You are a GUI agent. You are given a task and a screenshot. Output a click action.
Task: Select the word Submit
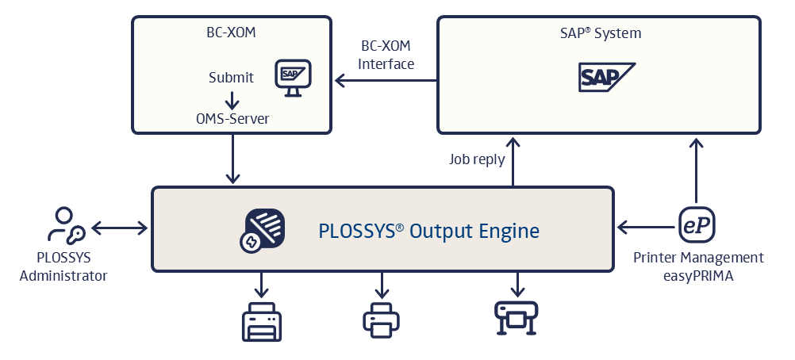(x=231, y=78)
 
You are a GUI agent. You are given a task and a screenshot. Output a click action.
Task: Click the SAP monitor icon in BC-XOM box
(x=292, y=77)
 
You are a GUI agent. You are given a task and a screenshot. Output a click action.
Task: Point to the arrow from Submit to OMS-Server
(x=232, y=98)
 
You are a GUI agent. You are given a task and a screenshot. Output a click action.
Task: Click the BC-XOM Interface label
(x=386, y=56)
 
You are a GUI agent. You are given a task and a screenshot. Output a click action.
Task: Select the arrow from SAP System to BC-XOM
(x=386, y=80)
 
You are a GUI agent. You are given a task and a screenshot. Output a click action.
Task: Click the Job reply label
(x=476, y=159)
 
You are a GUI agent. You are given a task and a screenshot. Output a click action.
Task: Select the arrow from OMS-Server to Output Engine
(x=232, y=159)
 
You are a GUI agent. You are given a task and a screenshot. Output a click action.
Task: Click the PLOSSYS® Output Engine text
(x=428, y=231)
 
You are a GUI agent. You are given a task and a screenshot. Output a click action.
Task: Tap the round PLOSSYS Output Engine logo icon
(x=263, y=230)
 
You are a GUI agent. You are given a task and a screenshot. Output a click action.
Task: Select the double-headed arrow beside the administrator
(x=119, y=228)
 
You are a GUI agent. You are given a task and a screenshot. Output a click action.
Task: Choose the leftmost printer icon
(x=262, y=320)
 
